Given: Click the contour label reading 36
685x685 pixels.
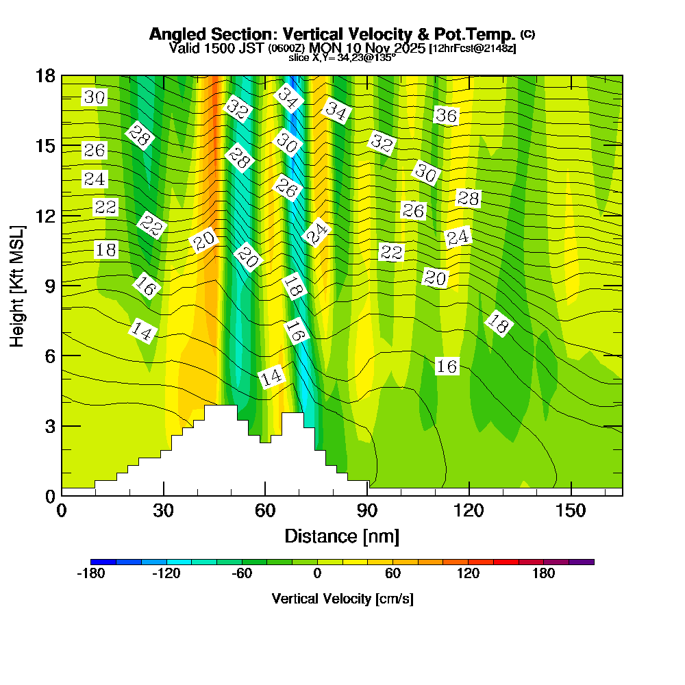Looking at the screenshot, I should pyautogui.click(x=446, y=116).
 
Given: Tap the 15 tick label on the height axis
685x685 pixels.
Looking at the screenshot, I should pyautogui.click(x=45, y=146).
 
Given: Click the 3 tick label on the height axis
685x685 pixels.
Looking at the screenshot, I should pyautogui.click(x=50, y=425).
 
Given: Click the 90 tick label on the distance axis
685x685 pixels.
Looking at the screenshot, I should pyautogui.click(x=367, y=511).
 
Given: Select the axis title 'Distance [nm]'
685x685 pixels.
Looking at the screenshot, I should pyautogui.click(x=342, y=536).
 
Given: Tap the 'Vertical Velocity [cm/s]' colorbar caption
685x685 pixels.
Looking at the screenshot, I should pyautogui.click(x=342, y=599).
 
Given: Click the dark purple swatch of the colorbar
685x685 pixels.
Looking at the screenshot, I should pyautogui.click(x=581, y=562).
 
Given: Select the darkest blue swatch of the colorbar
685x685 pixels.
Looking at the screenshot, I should pyautogui.click(x=103, y=562).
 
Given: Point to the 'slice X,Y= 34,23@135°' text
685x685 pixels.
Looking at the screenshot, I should pyautogui.click(x=342, y=58).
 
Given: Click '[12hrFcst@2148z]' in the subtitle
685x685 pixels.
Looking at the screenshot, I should pyautogui.click(x=472, y=49).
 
